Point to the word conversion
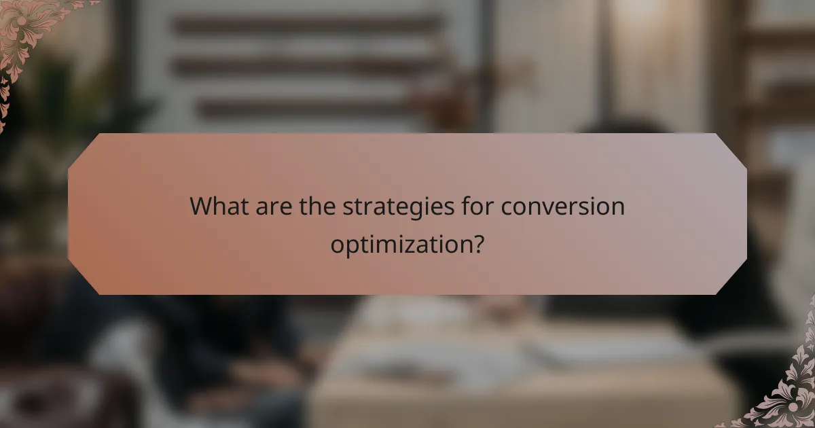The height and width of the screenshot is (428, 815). click(x=563, y=206)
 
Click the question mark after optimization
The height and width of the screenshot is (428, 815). click(x=479, y=243)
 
